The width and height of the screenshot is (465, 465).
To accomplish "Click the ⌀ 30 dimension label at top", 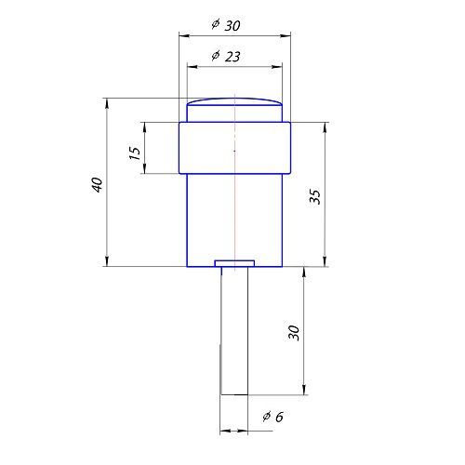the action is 226,25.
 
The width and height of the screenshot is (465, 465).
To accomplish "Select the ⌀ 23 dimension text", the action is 226,56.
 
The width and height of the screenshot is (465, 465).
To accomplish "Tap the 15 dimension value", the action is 134,153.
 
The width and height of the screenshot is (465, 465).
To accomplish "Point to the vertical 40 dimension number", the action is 98,185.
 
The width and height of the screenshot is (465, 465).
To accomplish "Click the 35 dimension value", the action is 314,196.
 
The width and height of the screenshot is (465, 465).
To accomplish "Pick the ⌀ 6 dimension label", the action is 273,417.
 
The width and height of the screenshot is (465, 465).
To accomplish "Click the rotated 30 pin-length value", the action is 294,333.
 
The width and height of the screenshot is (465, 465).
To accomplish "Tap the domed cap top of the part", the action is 234,101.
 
